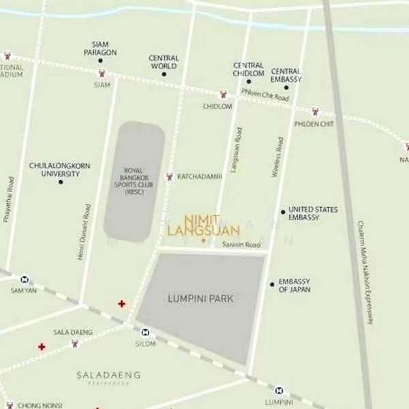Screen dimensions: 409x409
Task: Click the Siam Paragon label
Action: (x=100, y=48)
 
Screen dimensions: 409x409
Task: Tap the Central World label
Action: (x=164, y=62)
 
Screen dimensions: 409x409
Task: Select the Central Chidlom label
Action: (x=249, y=69)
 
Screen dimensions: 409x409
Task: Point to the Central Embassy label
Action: (x=286, y=75)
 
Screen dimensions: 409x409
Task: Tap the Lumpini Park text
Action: (x=200, y=299)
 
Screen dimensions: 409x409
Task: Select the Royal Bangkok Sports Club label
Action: (x=134, y=181)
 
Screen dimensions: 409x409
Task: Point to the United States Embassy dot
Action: (x=283, y=212)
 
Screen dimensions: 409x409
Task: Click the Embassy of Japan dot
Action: (x=272, y=284)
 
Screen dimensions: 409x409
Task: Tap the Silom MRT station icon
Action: (x=145, y=332)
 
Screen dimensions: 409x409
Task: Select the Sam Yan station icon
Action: (x=25, y=279)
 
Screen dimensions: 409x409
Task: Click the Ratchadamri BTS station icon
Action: (x=170, y=177)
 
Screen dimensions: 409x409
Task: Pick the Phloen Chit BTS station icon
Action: (x=315, y=112)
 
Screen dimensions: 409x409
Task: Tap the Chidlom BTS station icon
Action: (x=222, y=95)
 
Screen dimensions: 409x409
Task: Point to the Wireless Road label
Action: (x=277, y=157)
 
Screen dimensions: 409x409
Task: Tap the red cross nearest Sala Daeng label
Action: (x=42, y=347)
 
